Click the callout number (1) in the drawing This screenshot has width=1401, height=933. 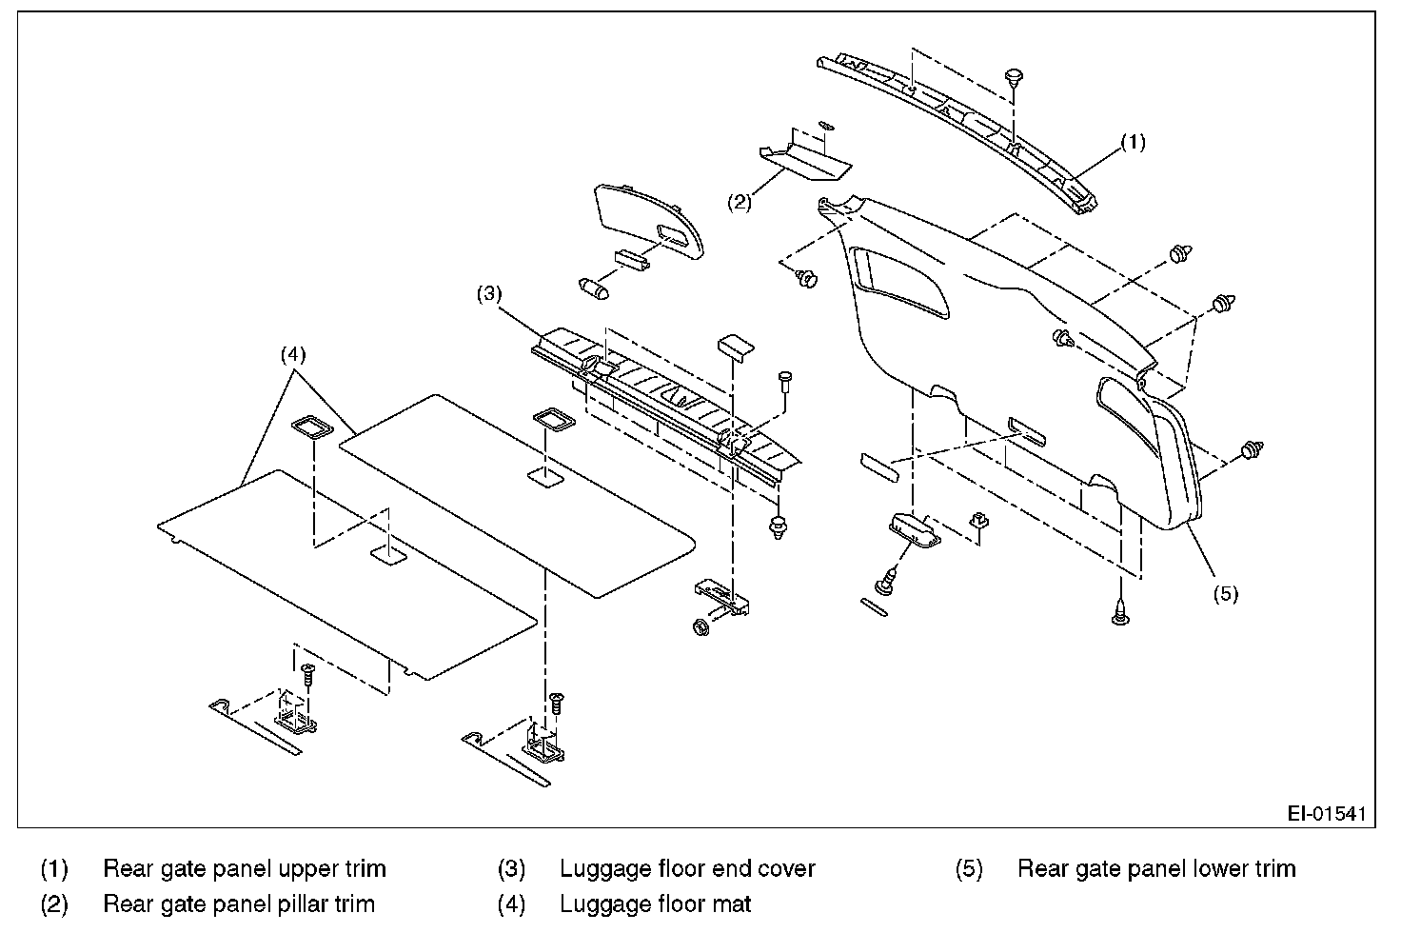coord(1133,143)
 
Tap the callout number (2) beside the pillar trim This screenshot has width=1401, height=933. coord(740,202)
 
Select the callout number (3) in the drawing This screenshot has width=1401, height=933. coord(489,293)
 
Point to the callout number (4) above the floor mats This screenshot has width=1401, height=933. coord(293,355)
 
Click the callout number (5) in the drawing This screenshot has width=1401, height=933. coord(1226,594)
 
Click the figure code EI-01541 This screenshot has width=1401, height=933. coord(1327,813)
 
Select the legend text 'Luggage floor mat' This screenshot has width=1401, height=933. coord(655,904)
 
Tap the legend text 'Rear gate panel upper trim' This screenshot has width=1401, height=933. coord(245,869)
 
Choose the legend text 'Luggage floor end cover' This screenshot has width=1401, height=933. coord(687,869)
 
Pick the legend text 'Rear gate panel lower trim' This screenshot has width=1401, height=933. coord(1156,869)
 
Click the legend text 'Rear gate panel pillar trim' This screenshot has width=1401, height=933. coord(239,904)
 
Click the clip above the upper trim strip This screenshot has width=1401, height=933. coord(1014,80)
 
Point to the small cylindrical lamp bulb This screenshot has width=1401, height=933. coord(594,289)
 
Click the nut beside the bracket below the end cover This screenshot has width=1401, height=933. coord(701,626)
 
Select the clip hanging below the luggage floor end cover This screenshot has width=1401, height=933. coord(778,527)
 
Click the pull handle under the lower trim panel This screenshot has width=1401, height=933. coord(915,530)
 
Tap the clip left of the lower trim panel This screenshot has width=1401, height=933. coord(805,278)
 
